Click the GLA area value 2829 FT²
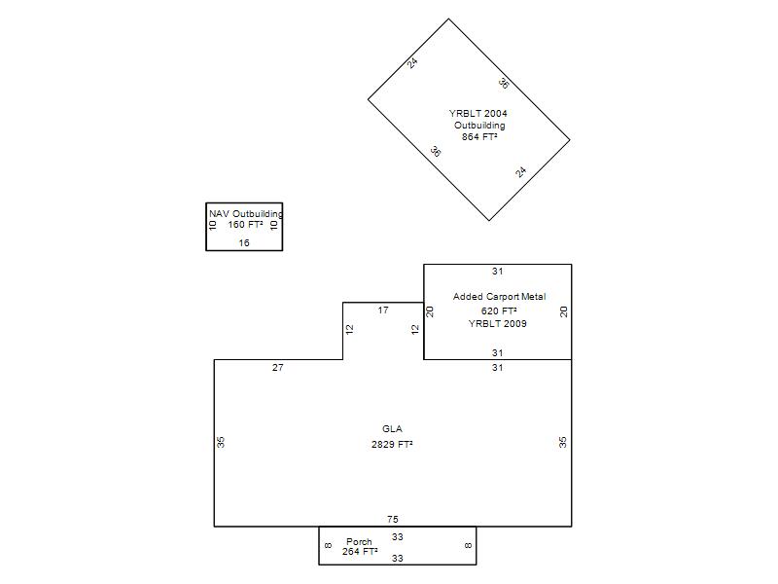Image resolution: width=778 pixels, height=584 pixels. [392, 444]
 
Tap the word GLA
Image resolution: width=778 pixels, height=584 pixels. [392, 428]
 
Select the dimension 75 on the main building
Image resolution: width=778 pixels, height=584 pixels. [393, 519]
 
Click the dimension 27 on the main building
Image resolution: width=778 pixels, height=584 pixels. [278, 368]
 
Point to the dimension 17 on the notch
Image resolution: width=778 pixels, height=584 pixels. [383, 310]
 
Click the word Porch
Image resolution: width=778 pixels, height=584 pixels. [359, 541]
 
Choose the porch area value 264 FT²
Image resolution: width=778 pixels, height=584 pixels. [360, 551]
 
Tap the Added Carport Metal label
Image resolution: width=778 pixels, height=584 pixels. [499, 297]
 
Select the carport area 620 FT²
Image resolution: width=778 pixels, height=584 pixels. [499, 310]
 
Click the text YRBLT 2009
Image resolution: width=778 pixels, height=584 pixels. [498, 323]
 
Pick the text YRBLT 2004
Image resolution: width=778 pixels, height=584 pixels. [477, 113]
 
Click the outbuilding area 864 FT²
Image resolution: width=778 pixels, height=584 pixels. [479, 136]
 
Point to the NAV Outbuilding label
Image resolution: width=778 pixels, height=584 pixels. [246, 213]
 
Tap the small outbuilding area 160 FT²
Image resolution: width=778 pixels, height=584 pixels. [245, 225]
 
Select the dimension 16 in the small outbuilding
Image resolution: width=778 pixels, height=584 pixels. [244, 242]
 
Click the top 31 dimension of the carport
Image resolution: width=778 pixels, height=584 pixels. [498, 272]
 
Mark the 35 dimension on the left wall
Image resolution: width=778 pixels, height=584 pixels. [221, 442]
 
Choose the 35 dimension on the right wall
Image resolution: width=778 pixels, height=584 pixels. [563, 442]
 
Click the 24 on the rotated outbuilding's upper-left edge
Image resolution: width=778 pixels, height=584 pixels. [412, 63]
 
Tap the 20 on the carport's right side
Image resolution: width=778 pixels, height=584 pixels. [564, 311]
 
